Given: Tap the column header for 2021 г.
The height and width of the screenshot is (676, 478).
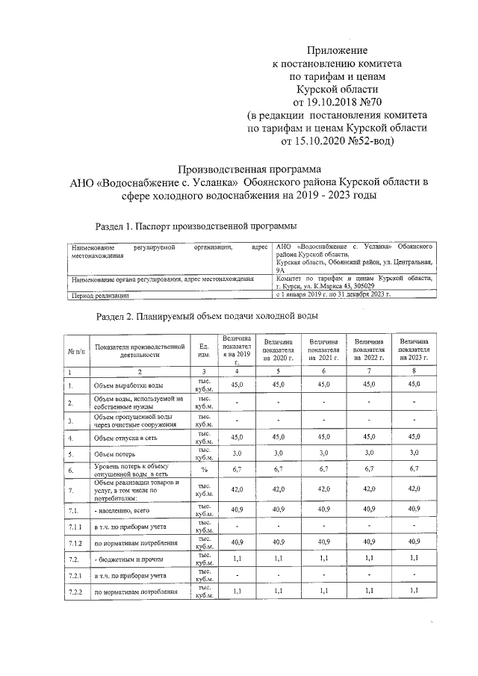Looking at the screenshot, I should coord(324,350).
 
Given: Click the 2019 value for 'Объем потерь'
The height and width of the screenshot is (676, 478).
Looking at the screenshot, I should coord(237,453).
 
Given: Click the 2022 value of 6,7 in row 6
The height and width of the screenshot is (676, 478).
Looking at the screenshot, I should coord(369,471).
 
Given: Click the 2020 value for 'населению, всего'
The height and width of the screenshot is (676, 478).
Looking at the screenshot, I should coord(279,509).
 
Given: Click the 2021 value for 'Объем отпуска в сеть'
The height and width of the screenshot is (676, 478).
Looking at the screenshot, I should coord(324,437).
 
